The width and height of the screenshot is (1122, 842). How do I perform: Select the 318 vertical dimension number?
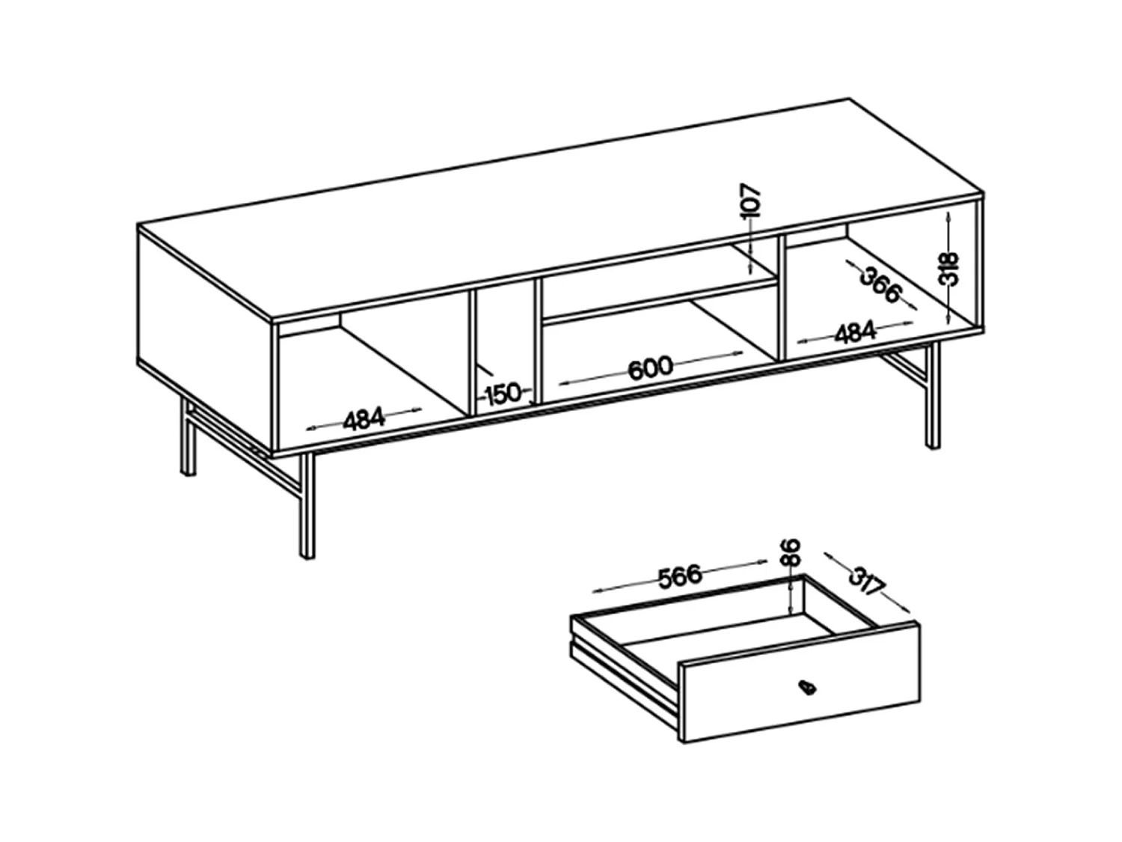[x=948, y=269]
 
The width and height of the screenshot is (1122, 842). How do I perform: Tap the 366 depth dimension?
[x=880, y=285]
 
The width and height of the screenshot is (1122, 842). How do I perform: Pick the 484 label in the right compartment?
[x=854, y=332]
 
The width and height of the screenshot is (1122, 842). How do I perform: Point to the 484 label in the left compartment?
[x=364, y=420]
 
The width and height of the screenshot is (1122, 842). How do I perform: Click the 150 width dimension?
[x=503, y=393]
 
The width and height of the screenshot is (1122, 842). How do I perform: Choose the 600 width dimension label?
[x=649, y=368]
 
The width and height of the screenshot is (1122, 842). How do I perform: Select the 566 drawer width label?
[x=680, y=575]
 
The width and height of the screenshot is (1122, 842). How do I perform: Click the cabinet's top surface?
[x=561, y=210]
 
